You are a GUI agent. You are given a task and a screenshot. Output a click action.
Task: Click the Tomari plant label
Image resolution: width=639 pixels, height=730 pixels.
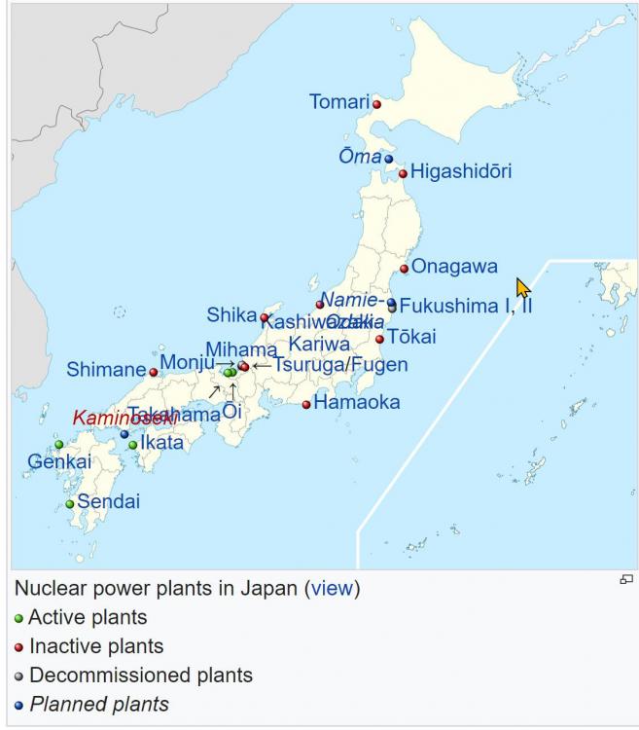(339, 101)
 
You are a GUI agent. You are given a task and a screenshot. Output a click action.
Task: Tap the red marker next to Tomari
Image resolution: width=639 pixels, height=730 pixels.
(376, 103)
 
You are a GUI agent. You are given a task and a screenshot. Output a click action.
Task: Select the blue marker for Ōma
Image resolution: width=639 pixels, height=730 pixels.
(388, 158)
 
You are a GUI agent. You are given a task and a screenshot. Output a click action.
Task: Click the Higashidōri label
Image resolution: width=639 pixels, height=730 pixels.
(460, 171)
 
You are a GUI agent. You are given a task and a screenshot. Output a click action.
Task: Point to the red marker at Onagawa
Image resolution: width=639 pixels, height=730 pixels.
(404, 269)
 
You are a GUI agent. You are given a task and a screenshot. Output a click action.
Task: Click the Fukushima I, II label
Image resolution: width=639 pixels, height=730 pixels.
(465, 306)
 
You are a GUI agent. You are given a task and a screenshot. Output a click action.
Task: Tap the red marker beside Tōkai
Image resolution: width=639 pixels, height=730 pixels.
(379, 339)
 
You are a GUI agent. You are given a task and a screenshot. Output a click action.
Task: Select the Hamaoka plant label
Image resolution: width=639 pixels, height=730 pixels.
(356, 402)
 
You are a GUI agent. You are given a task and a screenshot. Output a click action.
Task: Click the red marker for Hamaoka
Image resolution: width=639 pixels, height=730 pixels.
(306, 404)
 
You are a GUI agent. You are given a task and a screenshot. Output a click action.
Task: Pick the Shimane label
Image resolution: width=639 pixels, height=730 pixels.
(105, 370)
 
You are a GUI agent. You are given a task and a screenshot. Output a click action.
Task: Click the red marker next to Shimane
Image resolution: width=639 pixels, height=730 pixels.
(153, 372)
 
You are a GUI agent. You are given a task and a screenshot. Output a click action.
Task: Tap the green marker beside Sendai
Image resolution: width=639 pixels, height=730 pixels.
(69, 504)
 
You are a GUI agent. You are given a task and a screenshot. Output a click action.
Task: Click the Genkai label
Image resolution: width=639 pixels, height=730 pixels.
(58, 461)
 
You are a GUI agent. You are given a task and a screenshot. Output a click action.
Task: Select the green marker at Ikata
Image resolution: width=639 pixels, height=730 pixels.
(132, 445)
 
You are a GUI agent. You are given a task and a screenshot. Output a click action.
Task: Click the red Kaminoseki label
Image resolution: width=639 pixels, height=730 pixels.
(124, 417)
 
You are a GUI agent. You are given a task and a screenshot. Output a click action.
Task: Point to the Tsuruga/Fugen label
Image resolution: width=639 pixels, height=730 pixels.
(340, 365)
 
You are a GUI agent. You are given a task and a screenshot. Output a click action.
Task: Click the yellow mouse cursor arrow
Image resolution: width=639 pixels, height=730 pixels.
(522, 288)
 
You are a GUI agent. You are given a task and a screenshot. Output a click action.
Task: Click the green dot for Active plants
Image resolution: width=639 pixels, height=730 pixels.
(18, 618)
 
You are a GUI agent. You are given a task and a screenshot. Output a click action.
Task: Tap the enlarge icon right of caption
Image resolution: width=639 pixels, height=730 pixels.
(625, 580)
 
